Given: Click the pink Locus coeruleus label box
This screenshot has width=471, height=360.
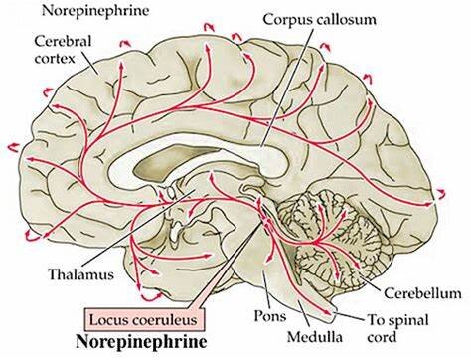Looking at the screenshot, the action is coord(145,319).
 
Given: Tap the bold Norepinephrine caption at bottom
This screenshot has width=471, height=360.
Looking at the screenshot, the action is coord(142,341).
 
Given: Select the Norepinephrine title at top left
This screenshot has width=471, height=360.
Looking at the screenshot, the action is coord(95,11).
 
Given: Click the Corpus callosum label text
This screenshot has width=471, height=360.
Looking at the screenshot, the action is coord(320,19).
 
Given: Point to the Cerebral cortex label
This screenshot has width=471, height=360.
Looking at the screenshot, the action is coord(63,50).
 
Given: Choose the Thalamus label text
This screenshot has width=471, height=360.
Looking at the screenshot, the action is coord(81,274).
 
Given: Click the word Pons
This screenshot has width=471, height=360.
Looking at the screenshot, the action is coord(270,316).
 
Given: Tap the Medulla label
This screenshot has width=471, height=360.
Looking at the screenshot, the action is coord(315,337).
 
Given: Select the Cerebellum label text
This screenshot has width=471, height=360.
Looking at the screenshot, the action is coord(422,293).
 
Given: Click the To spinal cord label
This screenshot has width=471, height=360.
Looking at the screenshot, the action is coord(398,329).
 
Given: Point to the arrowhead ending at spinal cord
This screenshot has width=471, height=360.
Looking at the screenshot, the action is coord(328,312).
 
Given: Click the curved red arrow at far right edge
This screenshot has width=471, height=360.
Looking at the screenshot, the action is coord(441,194).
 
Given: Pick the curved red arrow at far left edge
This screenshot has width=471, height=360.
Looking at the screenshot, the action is coord(14,147).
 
